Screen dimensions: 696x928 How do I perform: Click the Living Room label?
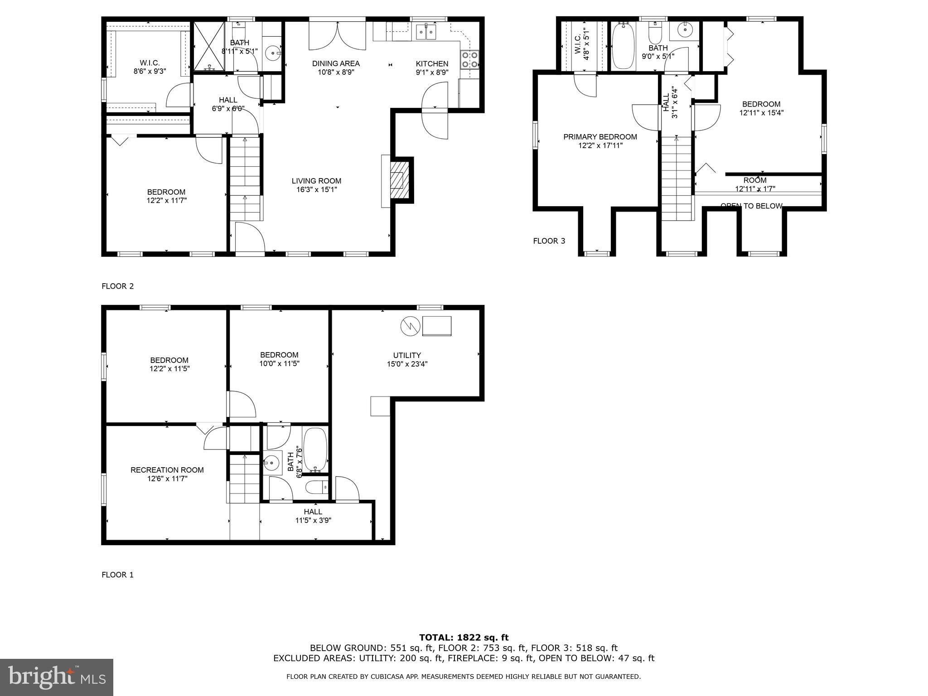[316, 185]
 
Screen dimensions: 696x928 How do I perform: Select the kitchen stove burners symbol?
[470, 60]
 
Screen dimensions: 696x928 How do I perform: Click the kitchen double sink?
[426, 32]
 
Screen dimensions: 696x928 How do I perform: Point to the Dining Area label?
[336, 68]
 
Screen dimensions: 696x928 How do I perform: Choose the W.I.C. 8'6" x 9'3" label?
[150, 67]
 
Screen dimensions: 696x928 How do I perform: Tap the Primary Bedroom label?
[600, 141]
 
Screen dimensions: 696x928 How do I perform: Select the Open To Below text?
[751, 206]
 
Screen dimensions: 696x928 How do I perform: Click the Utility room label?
[407, 359]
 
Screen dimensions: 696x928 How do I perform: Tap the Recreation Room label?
[167, 474]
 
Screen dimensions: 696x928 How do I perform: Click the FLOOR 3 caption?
[549, 241]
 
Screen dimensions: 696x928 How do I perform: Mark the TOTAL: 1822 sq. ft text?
[464, 638]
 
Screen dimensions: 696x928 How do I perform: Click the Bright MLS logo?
[57, 677]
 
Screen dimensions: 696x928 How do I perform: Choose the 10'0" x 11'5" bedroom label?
[279, 359]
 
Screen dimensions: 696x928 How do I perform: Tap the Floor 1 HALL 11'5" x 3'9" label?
[313, 516]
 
